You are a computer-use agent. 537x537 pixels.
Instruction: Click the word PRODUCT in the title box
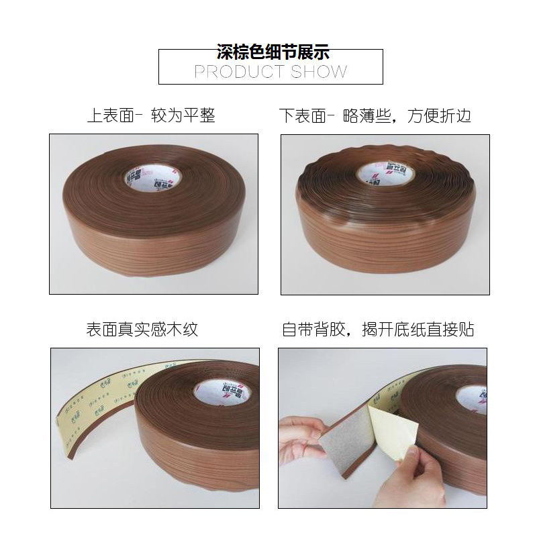[231, 71]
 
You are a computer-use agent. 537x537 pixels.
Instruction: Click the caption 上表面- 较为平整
[151, 115]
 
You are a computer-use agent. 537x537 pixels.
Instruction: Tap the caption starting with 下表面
[375, 115]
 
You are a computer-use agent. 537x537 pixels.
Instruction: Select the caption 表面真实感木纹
[142, 330]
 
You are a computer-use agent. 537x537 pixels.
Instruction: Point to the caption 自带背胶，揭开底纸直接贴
[378, 330]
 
